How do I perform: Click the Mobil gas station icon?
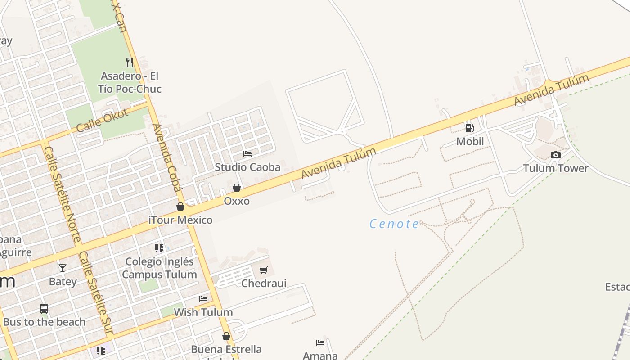[x=469, y=128]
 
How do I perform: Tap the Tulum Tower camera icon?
[x=556, y=155]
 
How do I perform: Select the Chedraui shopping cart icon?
[x=264, y=270]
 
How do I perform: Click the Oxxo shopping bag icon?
[x=237, y=187]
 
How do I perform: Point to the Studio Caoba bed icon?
[x=247, y=154]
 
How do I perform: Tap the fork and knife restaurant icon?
[x=130, y=62]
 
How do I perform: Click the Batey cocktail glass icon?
[x=63, y=268]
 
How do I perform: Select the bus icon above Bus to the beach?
[x=44, y=309]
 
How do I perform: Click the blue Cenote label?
[x=394, y=224]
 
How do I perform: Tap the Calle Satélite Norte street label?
[x=63, y=194]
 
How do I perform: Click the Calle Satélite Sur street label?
[x=95, y=292]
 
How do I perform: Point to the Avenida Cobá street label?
[x=166, y=157]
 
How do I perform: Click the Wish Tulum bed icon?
[x=203, y=298]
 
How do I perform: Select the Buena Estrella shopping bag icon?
[x=226, y=336]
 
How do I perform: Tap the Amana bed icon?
[x=320, y=343]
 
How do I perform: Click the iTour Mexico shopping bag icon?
[x=180, y=207]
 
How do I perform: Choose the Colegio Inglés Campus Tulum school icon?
[x=159, y=248]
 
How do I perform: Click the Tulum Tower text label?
[x=556, y=168]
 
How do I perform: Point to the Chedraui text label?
[x=264, y=283]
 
